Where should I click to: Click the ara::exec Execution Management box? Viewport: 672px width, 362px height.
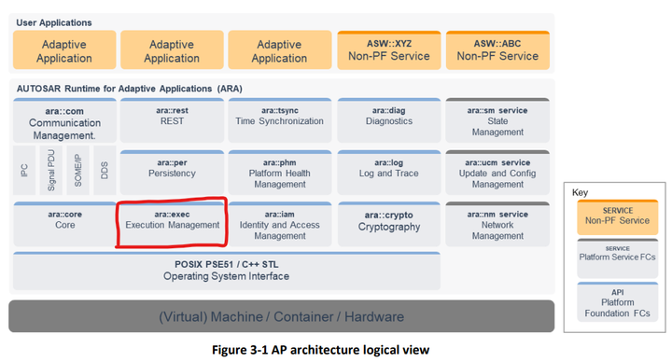click(172, 222)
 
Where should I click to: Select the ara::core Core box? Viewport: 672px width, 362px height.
click(64, 222)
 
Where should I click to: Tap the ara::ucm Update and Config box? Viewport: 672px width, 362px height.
click(497, 172)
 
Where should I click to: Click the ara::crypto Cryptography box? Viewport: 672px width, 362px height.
click(388, 222)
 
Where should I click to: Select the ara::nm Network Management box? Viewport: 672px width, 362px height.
click(497, 224)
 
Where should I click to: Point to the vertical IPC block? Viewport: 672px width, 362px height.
click(24, 170)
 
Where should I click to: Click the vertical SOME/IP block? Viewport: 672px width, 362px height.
click(78, 170)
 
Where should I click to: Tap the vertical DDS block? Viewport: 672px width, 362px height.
click(105, 170)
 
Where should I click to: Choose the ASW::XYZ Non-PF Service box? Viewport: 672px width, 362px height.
click(387, 49)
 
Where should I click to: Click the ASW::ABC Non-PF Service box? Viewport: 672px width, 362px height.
click(497, 49)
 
